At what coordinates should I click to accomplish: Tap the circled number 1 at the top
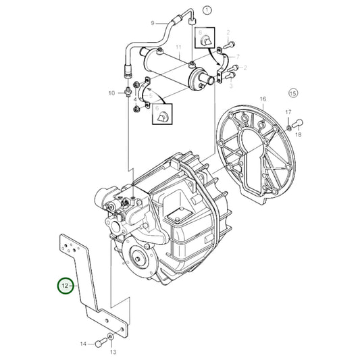coord(207,10)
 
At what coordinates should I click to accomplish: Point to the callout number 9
coord(153,23)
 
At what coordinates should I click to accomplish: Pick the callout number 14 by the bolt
coord(83,344)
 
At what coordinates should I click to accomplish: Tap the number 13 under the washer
coord(113,352)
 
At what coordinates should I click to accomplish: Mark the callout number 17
coord(288,112)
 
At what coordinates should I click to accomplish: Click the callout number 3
coord(230,86)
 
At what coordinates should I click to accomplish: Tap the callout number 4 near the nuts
coord(135,100)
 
